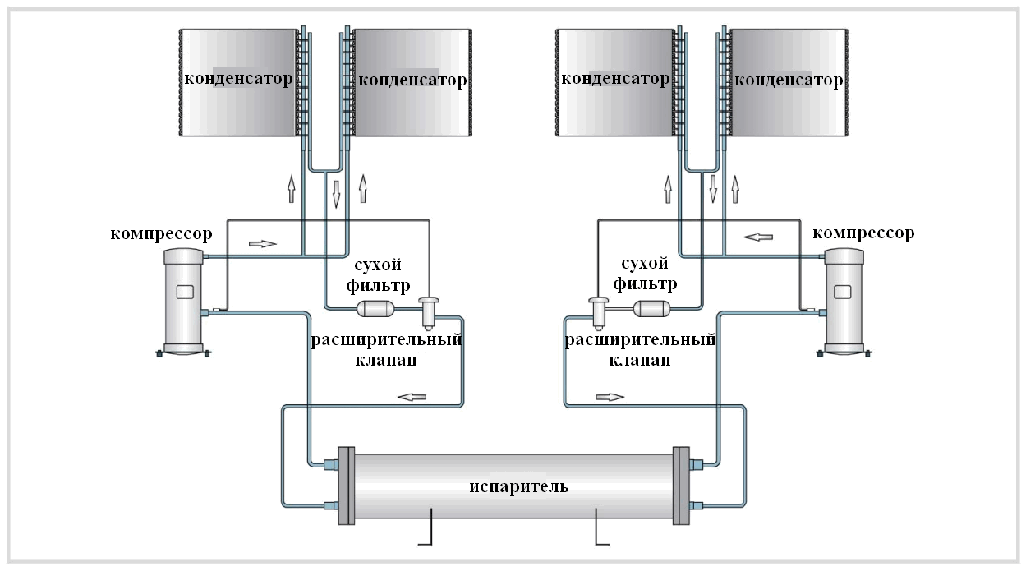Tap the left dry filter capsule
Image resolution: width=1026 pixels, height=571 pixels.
click(375, 308)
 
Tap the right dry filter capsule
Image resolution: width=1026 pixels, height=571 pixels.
click(651, 308)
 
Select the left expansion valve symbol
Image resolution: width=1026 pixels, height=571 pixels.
click(429, 314)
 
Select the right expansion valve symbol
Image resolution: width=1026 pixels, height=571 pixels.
click(599, 314)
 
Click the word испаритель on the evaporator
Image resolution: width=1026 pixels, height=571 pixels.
click(518, 486)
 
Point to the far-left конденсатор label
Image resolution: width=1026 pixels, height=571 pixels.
click(238, 79)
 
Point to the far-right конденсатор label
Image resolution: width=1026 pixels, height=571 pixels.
click(789, 81)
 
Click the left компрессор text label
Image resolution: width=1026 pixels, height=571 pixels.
click(161, 233)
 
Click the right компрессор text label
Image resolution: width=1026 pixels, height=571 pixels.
click(863, 233)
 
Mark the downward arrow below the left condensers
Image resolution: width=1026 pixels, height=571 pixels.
click(336, 195)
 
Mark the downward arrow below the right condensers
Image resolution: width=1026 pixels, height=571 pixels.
click(713, 188)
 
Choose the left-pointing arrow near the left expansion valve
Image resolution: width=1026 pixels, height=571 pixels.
click(412, 397)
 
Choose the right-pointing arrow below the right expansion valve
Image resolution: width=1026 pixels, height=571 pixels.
click(610, 397)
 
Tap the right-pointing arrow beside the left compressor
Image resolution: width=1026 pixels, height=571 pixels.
click(263, 244)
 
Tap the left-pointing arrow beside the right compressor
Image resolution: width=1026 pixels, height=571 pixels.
click(758, 237)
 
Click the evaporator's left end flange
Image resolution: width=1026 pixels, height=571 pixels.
click(347, 486)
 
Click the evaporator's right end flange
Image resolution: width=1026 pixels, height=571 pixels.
click(681, 486)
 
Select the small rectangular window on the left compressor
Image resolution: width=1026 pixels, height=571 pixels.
click(185, 292)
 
